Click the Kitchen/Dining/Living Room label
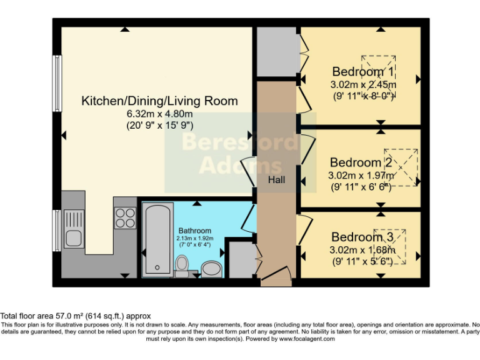click(160, 101)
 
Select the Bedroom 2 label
click(361, 162)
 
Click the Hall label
click(277, 180)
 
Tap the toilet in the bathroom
click(182, 267)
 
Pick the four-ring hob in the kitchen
click(125, 217)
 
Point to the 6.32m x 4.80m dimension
click(160, 114)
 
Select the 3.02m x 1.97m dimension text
click(361, 176)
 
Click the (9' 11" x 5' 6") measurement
click(361, 261)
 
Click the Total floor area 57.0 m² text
click(76, 316)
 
